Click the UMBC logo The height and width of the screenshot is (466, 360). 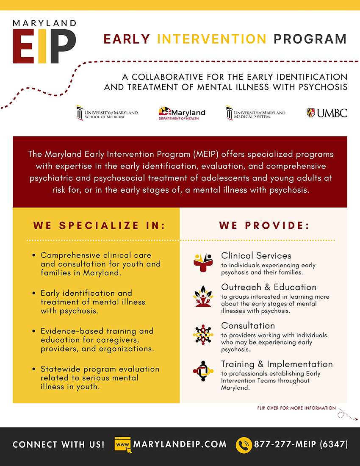[x=327, y=113]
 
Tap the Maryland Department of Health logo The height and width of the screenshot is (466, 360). [x=182, y=113]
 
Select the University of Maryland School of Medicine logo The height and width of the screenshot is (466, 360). [x=107, y=113]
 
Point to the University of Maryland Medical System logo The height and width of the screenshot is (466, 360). [x=255, y=113]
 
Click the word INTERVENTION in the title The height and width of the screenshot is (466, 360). [x=212, y=39]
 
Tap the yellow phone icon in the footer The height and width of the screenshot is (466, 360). [x=244, y=445]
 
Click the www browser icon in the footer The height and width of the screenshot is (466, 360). [x=123, y=444]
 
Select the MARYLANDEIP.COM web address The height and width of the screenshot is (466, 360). [x=180, y=444]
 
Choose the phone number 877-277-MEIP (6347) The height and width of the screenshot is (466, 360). [x=301, y=444]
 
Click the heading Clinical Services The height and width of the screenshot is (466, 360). [x=256, y=255]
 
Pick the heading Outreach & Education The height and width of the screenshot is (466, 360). [x=269, y=287]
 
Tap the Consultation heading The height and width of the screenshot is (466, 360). [x=248, y=325]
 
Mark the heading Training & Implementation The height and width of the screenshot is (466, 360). [x=277, y=364]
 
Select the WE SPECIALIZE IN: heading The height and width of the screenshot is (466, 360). [x=99, y=225]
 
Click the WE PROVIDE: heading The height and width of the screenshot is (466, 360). [x=264, y=225]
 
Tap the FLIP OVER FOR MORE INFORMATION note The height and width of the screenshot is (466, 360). [x=296, y=408]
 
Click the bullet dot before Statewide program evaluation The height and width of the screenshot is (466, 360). [x=33, y=369]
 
